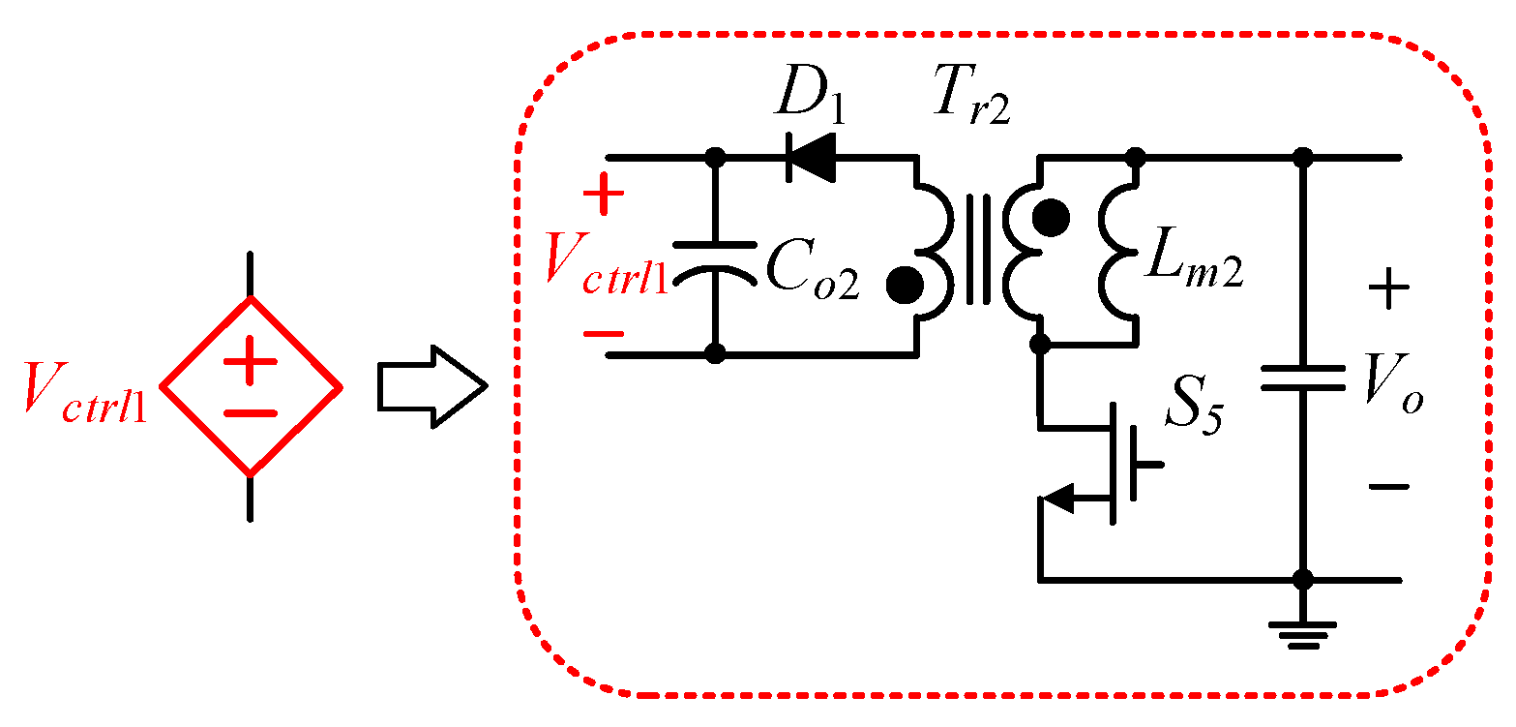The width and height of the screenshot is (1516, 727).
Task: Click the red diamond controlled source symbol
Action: click(x=251, y=386)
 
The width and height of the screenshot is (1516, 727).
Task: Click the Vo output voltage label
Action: click(x=1393, y=389)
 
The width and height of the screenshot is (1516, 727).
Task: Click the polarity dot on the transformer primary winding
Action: click(x=904, y=284)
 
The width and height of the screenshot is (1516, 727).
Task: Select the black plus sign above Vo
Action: click(x=1388, y=289)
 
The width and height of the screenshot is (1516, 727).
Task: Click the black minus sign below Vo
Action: click(x=1389, y=486)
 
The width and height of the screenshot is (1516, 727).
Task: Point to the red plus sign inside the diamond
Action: click(x=251, y=365)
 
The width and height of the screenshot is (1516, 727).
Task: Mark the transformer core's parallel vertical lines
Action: click(x=979, y=250)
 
